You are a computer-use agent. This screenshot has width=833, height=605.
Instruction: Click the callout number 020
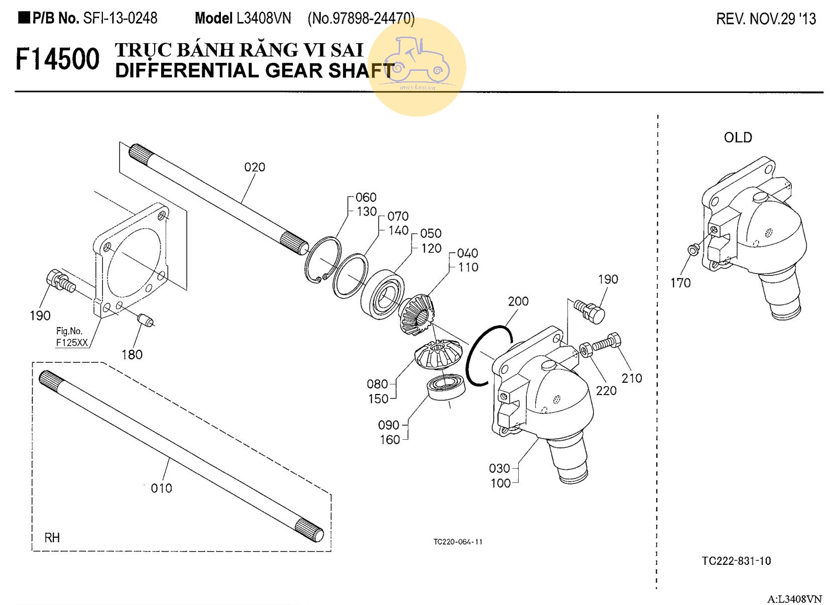pos(255,167)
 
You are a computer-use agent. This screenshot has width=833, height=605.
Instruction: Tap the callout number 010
pos(161,488)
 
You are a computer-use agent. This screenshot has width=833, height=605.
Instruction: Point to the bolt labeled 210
pos(607,343)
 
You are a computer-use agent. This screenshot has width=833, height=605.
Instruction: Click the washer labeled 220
pos(586,350)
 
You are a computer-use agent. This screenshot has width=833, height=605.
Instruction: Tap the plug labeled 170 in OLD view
pos(692,248)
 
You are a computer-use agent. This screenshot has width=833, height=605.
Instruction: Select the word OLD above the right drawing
pos(738,138)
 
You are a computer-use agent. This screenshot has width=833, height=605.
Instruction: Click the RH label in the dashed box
pos(52,538)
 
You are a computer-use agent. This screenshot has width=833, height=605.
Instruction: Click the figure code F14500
pos(57,59)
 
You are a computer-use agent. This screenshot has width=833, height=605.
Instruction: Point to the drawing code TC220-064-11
pos(458,542)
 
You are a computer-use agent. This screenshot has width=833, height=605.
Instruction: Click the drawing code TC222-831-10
pos(736,561)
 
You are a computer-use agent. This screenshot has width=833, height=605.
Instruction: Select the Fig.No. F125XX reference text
pos(71,337)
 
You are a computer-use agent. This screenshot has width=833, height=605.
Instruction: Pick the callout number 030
pos(499,468)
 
